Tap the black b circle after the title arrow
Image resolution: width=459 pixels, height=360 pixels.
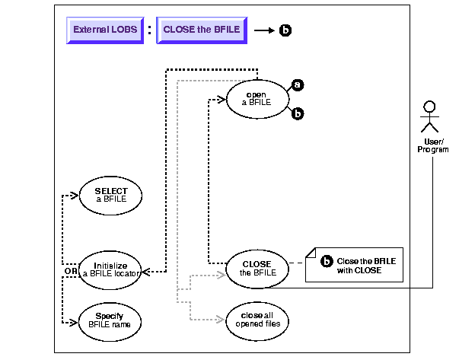tap(285, 31)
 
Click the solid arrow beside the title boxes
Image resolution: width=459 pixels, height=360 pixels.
tap(263, 31)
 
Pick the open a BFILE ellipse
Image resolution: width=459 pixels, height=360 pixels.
tap(257, 99)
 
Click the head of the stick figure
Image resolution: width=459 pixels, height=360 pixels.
tap(429, 106)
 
